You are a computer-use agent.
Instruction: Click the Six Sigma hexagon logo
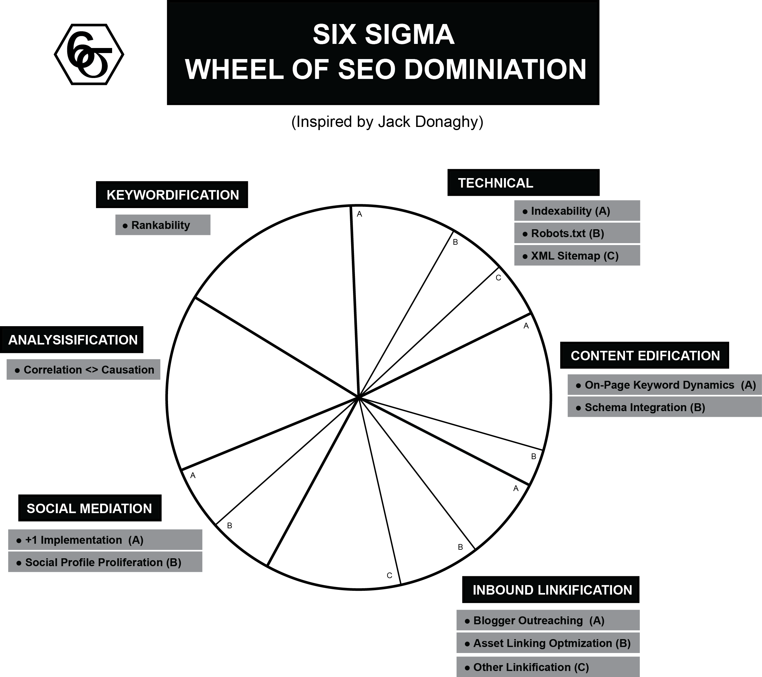[89, 54]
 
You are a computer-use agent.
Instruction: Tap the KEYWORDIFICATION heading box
[172, 195]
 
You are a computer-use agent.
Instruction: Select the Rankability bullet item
[163, 225]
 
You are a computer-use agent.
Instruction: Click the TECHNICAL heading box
[523, 183]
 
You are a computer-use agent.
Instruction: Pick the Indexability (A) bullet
[577, 211]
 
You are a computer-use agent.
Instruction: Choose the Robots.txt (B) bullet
[577, 233]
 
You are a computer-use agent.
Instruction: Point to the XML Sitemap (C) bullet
[577, 256]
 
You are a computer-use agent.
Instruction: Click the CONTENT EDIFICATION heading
[645, 355]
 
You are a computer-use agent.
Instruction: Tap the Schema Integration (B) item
[665, 407]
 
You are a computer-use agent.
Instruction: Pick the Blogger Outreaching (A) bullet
[548, 620]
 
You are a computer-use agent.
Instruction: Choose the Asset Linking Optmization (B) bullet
[548, 643]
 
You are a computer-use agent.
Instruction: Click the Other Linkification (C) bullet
[548, 667]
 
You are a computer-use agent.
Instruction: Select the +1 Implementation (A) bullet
[105, 540]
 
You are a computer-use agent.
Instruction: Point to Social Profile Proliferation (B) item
[105, 562]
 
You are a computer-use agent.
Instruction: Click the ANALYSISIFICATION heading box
[72, 340]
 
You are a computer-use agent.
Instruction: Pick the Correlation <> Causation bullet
[83, 369]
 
